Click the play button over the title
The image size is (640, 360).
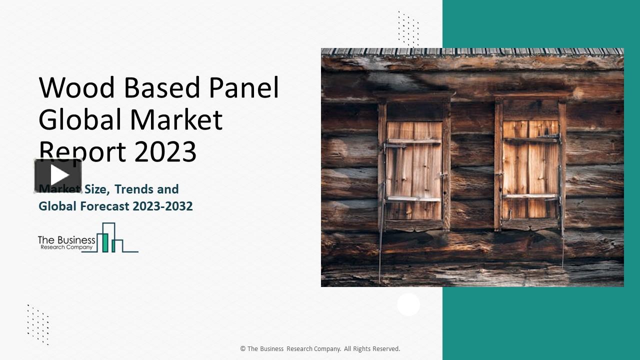(x=58, y=175)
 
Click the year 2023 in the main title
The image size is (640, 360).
(x=165, y=151)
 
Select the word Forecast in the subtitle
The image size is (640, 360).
(x=105, y=206)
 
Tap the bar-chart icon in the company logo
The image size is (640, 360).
(x=110, y=238)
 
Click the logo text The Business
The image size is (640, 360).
(x=66, y=240)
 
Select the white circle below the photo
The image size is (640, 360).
(x=408, y=304)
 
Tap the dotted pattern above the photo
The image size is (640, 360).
(x=408, y=28)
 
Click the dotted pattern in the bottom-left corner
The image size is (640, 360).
(x=38, y=324)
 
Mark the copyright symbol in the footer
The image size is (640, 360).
(x=243, y=349)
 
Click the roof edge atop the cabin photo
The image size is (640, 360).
(x=472, y=52)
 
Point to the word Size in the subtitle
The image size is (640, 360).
(x=96, y=189)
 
